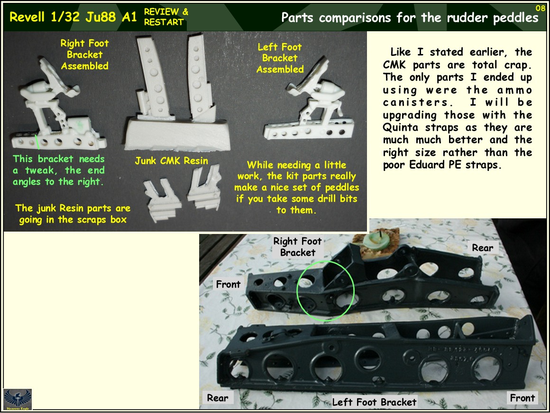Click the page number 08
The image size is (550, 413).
click(x=540, y=8)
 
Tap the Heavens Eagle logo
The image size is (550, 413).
click(x=18, y=399)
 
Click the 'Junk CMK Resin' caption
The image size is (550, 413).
click(x=171, y=161)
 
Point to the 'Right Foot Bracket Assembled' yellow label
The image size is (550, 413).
click(x=84, y=54)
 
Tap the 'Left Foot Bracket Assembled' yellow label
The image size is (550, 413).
click(x=280, y=58)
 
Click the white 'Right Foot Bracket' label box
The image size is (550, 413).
click(x=297, y=247)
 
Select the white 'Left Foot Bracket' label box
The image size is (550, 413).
click(x=374, y=402)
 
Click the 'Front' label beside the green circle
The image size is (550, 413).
click(x=228, y=284)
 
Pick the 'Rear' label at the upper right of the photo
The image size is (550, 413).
click(x=482, y=247)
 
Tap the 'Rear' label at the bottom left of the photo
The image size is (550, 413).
click(x=217, y=398)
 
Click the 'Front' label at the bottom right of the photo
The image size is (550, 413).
click(x=522, y=398)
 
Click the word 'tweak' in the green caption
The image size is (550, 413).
click(x=39, y=171)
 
